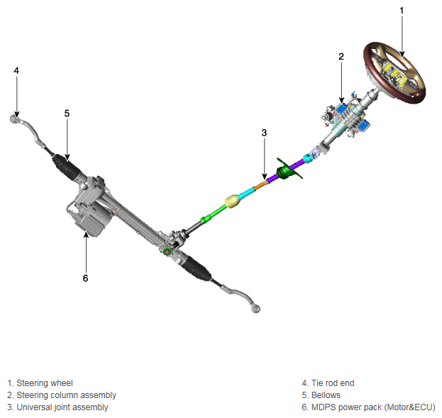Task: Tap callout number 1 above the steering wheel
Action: tap(402, 11)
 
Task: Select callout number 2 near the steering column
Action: tap(341, 57)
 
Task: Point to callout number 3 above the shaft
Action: tap(264, 133)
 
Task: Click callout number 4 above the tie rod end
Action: tap(16, 70)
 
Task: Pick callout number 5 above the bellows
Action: tap(67, 114)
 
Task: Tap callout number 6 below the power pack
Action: tap(85, 278)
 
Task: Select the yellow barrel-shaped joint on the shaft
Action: tap(233, 202)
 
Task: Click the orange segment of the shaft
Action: tap(260, 185)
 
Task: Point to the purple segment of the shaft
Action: tap(284, 172)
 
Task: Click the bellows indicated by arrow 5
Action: tap(66, 166)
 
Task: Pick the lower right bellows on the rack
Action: tap(197, 268)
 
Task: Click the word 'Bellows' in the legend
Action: tap(326, 395)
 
